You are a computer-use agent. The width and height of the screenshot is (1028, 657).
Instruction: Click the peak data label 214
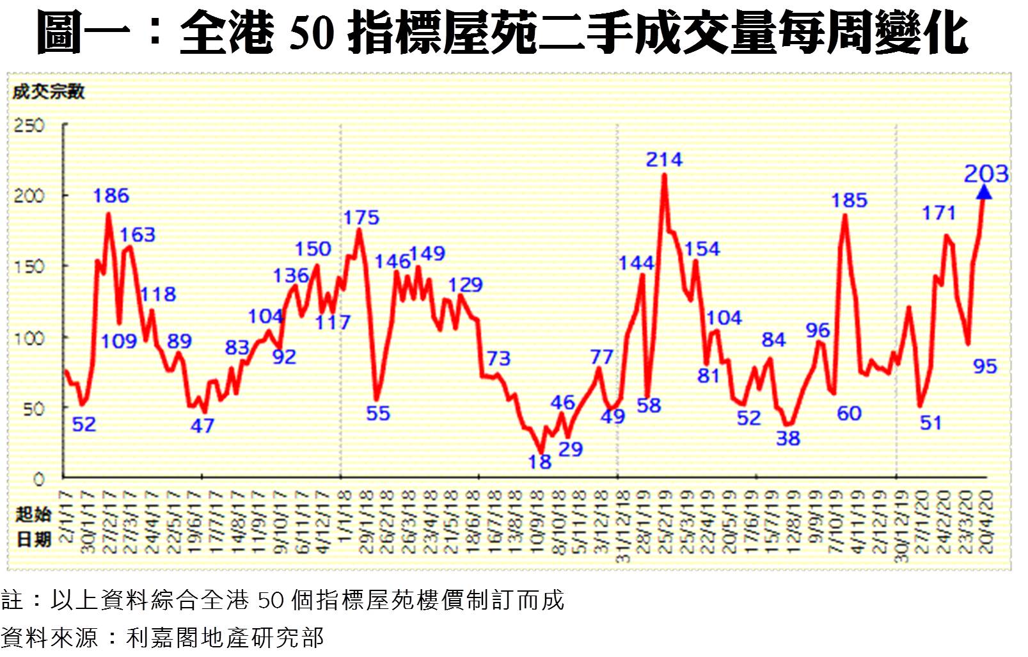click(x=664, y=159)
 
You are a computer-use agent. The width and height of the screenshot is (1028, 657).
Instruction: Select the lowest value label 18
click(x=540, y=462)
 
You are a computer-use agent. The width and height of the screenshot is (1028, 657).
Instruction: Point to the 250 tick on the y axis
click(x=30, y=125)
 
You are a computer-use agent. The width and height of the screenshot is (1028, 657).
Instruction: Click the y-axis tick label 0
click(x=39, y=478)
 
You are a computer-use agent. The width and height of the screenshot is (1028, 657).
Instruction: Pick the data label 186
click(x=111, y=196)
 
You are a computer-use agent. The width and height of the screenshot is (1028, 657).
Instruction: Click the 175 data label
click(x=361, y=218)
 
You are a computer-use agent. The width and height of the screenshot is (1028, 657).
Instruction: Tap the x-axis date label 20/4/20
click(x=986, y=522)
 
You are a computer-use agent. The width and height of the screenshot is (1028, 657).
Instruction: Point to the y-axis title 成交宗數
click(x=49, y=92)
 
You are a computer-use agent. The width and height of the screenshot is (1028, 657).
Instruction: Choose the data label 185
click(x=849, y=200)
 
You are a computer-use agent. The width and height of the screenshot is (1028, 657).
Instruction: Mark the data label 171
click(x=939, y=213)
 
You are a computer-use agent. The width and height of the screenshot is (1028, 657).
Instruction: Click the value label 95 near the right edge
click(x=985, y=366)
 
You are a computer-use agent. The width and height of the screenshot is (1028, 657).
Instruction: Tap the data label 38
click(x=788, y=439)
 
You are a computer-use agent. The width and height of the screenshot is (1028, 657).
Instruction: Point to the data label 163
click(x=138, y=235)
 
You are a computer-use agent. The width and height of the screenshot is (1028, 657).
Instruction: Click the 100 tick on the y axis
click(x=30, y=337)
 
